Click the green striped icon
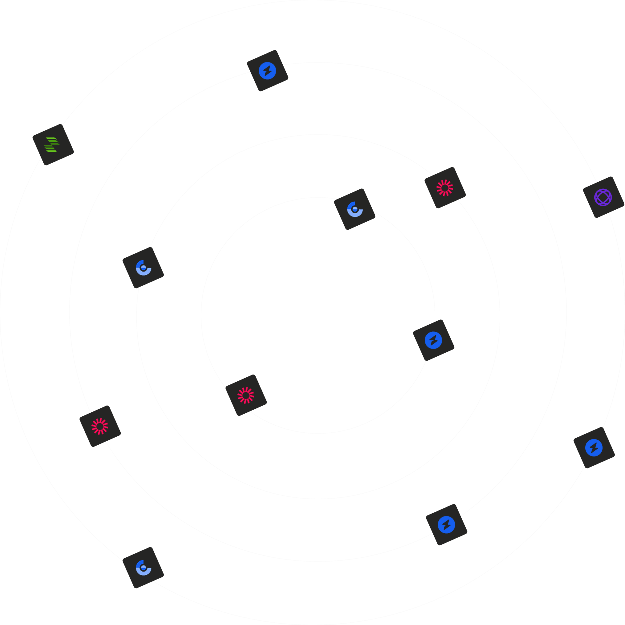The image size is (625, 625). (x=53, y=145)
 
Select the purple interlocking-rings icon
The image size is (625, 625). (x=603, y=197)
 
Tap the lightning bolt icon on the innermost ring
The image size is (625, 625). (x=433, y=340)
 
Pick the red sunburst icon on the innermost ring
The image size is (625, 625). (x=246, y=395)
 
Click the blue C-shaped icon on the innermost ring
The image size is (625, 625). (x=354, y=209)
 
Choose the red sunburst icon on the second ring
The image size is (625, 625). (x=445, y=188)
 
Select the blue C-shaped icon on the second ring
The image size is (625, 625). (x=143, y=268)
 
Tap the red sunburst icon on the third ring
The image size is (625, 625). (x=100, y=426)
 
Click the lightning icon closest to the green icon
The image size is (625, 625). (x=267, y=71)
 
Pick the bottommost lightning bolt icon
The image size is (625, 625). (x=446, y=525)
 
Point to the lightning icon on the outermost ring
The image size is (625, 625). (x=594, y=448)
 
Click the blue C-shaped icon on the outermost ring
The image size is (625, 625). (x=143, y=568)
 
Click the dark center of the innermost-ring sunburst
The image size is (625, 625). (x=246, y=395)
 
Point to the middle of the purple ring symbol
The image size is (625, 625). (x=603, y=197)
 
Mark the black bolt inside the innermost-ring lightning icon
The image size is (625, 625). (x=433, y=340)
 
